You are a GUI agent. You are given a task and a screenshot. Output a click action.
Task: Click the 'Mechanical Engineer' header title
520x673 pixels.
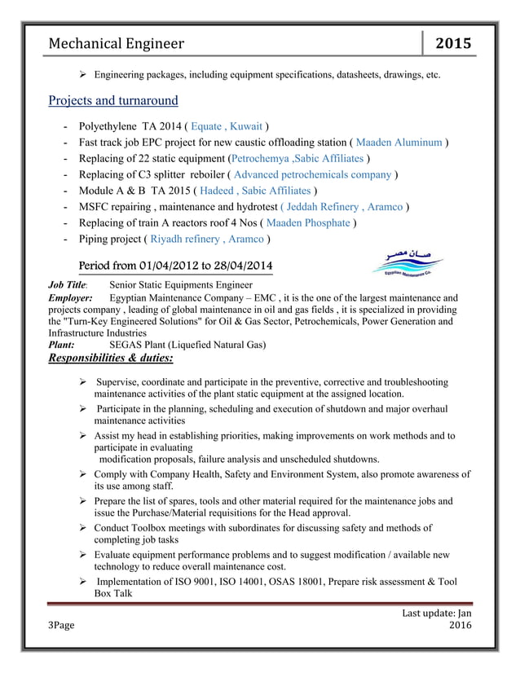coord(117,43)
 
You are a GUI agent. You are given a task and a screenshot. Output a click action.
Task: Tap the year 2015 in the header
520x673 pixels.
coord(452,43)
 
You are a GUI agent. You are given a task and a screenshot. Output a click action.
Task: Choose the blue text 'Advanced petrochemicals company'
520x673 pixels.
coord(313,174)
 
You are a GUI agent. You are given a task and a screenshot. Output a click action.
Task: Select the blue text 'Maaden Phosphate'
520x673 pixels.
coord(309,222)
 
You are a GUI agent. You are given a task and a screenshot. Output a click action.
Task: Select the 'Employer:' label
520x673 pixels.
coord(71,298)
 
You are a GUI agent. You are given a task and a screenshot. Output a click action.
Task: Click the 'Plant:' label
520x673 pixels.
coord(61,345)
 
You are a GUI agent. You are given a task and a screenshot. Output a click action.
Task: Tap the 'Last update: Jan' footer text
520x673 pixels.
coord(434,612)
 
